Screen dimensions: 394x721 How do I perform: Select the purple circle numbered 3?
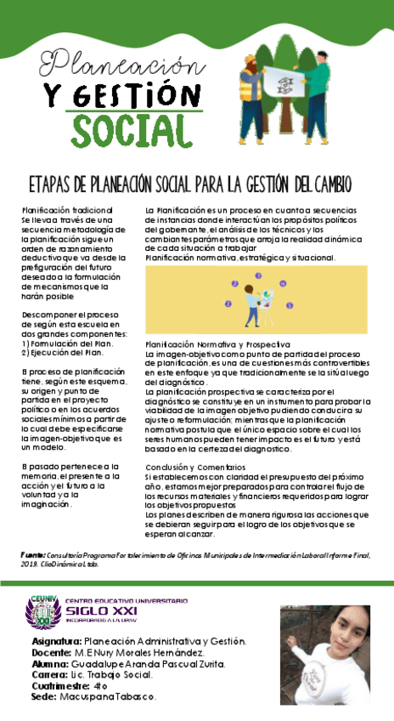click(257, 275)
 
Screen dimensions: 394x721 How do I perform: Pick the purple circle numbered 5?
click(290, 304)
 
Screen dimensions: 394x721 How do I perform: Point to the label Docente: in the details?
click(53, 652)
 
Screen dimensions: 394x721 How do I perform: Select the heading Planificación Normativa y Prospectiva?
click(217, 343)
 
